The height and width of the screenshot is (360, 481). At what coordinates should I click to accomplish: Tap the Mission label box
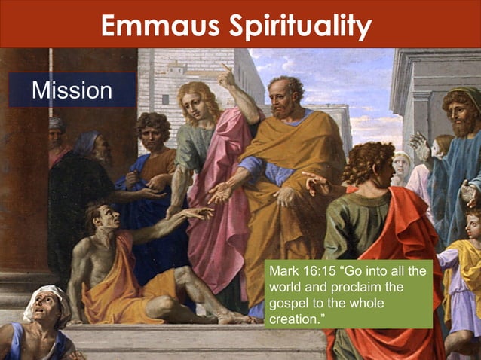[72, 90]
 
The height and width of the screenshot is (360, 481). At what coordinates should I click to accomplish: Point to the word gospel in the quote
[286, 306]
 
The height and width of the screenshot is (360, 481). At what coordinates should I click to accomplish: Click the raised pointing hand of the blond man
[225, 74]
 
